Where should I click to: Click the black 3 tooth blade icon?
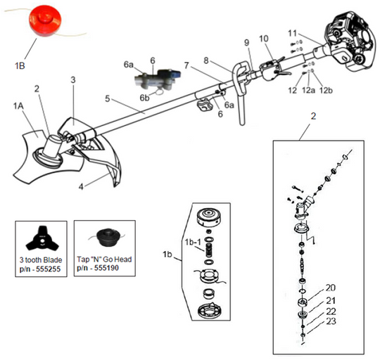[41, 238]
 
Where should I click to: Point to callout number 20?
[330, 288]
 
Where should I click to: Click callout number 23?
[330, 320]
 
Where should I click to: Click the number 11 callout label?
[292, 32]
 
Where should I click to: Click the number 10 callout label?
[264, 38]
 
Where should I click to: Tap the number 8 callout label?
[205, 60]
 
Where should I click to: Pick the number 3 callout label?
[72, 80]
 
